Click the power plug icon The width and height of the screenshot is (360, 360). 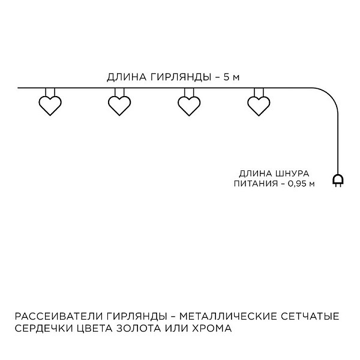[338, 181]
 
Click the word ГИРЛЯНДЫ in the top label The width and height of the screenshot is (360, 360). [181, 77]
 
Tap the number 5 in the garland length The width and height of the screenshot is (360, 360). [227, 77]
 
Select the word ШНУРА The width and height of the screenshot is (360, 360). [292, 173]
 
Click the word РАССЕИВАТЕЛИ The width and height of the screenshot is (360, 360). [59, 316]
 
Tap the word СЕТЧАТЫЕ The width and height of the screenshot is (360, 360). [310, 316]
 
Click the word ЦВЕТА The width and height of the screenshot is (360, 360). [93, 328]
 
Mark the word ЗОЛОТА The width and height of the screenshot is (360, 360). [139, 328]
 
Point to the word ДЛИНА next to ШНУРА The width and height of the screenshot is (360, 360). [256, 173]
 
